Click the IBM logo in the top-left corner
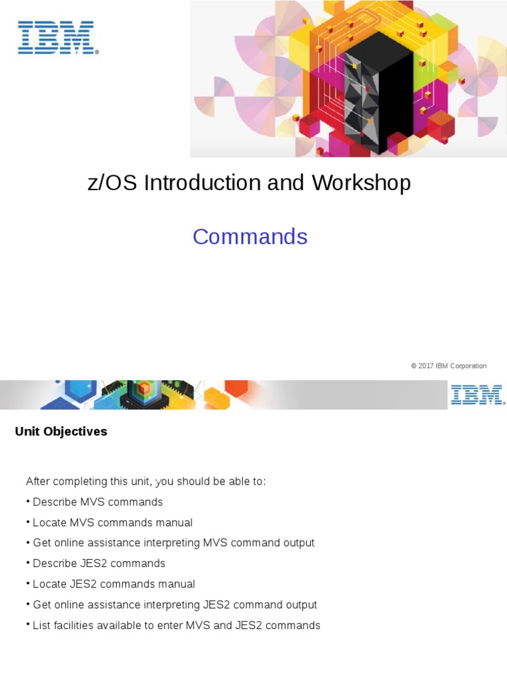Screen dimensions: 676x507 (x=58, y=38)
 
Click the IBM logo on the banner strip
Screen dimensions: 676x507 (x=477, y=395)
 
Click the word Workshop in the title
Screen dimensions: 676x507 (x=362, y=183)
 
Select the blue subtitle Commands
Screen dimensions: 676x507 (x=250, y=236)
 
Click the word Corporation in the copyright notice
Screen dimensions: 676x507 (x=469, y=366)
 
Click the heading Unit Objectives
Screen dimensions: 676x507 (x=61, y=432)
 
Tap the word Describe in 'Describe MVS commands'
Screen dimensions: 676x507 (x=54, y=502)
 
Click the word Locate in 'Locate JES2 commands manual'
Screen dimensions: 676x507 (x=50, y=584)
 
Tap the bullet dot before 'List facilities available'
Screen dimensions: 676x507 (x=28, y=625)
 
